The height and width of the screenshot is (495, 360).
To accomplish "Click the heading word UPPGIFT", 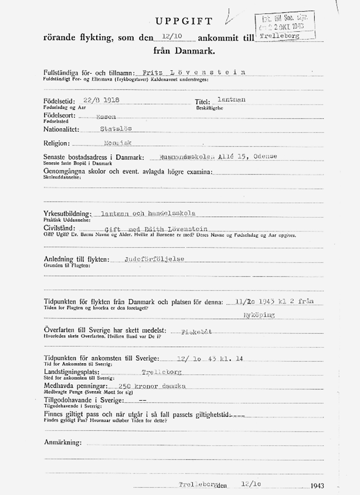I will tap(184, 21).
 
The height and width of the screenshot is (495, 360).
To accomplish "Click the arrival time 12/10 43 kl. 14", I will tap(198, 358).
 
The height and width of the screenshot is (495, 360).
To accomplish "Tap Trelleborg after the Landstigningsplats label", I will tap(162, 372).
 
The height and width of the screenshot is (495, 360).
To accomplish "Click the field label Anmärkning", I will tap(63, 441).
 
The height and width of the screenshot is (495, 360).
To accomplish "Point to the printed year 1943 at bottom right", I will tap(318, 486).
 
